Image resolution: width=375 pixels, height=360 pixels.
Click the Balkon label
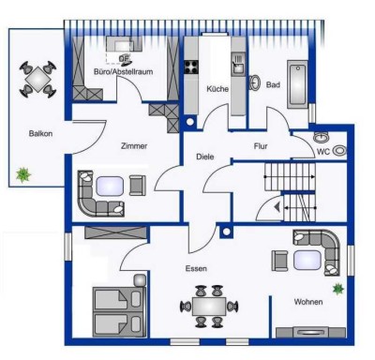click(40, 134)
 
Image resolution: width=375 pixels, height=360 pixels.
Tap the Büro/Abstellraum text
click(124, 72)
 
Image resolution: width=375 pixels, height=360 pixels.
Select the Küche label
click(217, 89)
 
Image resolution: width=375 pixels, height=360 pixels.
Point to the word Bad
click(273, 84)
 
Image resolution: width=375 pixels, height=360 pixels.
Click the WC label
click(323, 152)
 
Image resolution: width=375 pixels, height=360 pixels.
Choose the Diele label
click(205, 157)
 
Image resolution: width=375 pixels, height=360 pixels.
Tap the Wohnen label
click(308, 302)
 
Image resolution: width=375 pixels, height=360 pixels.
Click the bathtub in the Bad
click(297, 84)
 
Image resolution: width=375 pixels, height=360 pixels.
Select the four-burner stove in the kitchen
click(191, 67)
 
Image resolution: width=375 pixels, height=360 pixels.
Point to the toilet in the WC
click(339, 151)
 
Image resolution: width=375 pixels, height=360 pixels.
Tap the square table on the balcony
click(37, 80)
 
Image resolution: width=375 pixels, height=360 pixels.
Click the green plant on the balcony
click(23, 175)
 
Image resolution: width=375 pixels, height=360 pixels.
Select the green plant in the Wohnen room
click(338, 289)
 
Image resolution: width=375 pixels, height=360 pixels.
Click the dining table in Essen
click(209, 307)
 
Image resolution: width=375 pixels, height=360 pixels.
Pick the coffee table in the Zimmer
click(110, 187)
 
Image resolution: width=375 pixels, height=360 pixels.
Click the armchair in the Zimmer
click(138, 186)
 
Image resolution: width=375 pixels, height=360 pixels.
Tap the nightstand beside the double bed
click(140, 280)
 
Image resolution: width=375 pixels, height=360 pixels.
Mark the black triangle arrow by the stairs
click(277, 207)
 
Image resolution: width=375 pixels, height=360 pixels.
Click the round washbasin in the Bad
click(255, 82)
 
